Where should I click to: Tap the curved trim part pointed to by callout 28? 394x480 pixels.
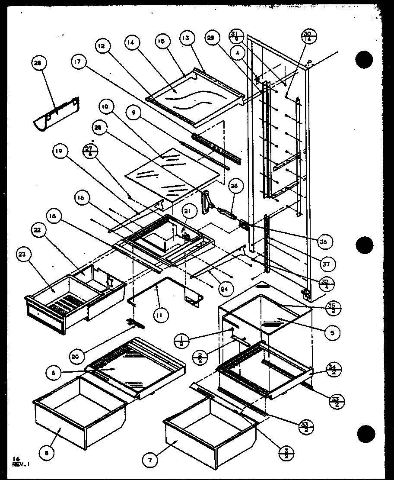[56, 113]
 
